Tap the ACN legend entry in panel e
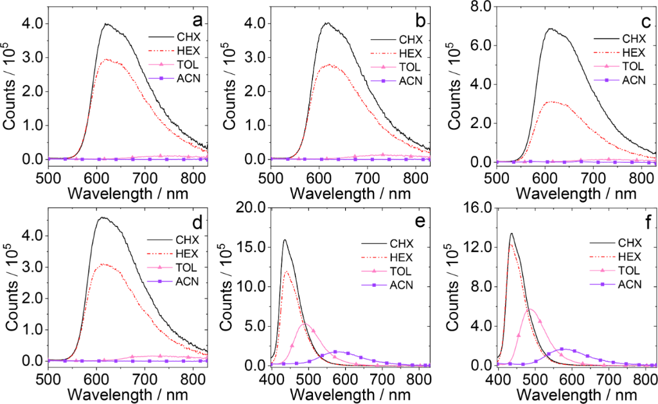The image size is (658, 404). [x=403, y=285]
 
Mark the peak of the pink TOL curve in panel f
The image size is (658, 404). [x=531, y=309]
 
